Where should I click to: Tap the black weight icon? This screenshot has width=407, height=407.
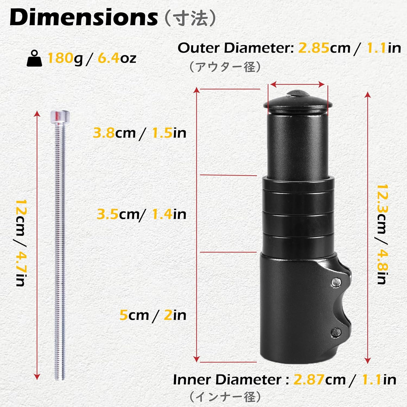click(34, 58)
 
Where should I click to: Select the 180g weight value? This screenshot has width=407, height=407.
click(65, 58)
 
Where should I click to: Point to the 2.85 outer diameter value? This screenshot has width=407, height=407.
click(314, 48)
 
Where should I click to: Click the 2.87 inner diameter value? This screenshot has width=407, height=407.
click(309, 379)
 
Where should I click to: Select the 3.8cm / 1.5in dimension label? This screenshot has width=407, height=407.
click(139, 133)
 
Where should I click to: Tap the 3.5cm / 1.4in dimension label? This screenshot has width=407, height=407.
click(141, 214)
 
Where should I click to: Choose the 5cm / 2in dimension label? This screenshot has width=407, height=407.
click(153, 315)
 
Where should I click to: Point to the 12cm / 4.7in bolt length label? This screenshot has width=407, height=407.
click(21, 243)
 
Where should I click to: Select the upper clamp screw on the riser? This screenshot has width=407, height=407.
click(336, 282)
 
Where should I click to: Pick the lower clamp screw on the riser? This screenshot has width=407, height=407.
click(336, 332)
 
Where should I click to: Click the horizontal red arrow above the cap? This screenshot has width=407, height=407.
click(298, 85)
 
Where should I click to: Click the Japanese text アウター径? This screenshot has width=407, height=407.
click(225, 67)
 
